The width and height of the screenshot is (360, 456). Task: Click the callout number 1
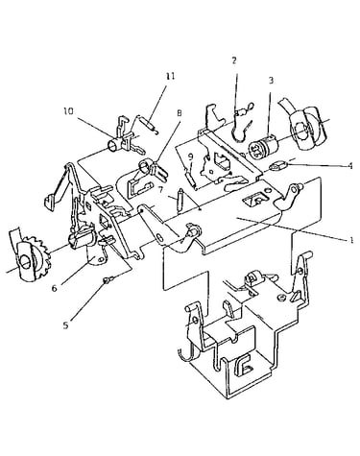351,240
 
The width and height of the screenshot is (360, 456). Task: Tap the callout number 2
234,60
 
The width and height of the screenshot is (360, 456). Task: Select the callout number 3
271,81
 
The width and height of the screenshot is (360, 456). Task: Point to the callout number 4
350,166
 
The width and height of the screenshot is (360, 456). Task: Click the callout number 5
65,325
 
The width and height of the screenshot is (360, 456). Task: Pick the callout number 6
55,288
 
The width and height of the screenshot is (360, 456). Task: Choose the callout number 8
179,112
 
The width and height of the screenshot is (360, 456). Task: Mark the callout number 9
190,156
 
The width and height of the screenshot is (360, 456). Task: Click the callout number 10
68,111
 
